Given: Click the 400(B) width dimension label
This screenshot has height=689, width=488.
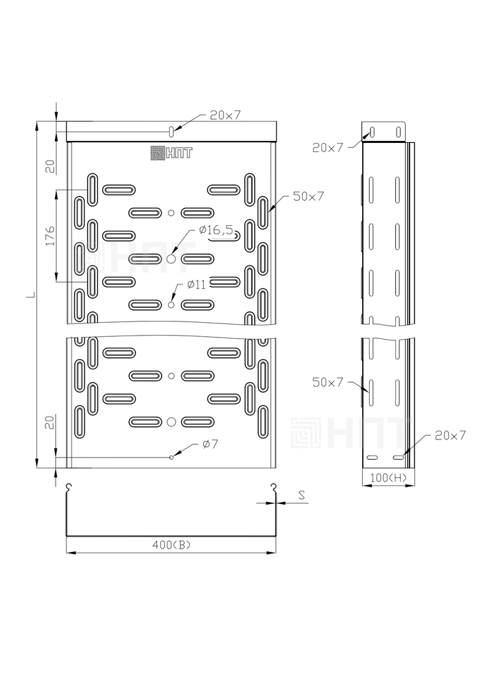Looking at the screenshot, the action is [171, 545].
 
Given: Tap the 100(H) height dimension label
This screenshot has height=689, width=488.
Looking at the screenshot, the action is [388, 478].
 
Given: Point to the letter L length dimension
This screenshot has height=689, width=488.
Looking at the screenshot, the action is [30, 294].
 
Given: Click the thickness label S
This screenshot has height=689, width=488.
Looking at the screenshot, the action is [302, 496].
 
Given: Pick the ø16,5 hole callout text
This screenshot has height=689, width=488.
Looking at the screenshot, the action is [216, 230].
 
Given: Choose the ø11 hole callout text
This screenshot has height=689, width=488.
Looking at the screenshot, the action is [196, 285].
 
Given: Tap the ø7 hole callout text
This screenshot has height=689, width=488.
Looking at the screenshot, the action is [210, 444].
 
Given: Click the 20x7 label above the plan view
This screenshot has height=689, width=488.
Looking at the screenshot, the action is [225, 115].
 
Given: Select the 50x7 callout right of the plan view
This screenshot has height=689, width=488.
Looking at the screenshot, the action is [309, 196].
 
